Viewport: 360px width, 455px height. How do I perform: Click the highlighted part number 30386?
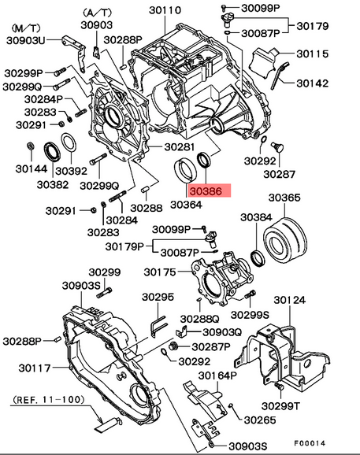click(208, 190)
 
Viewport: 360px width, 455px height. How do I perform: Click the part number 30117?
click(35, 368)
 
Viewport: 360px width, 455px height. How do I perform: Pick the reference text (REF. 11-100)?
click(49, 400)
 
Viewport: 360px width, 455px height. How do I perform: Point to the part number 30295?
click(157, 298)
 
